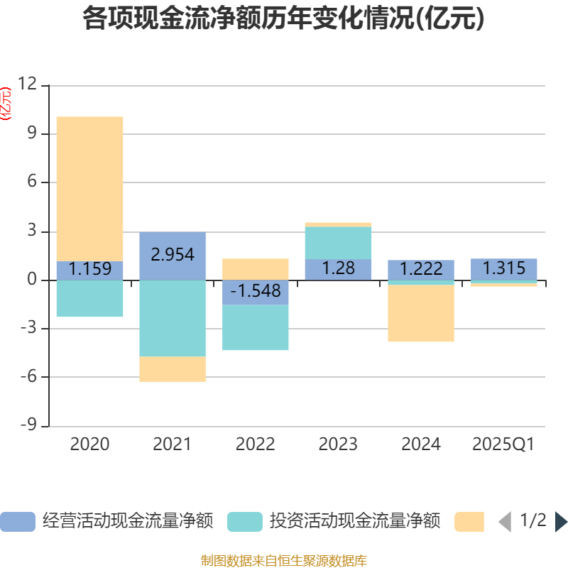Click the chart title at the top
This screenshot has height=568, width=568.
[283, 19]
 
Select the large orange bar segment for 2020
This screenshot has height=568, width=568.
[89, 188]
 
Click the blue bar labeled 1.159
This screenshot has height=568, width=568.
[89, 270]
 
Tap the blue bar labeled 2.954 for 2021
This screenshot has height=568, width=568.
[173, 256]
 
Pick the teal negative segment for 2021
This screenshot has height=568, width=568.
[173, 318]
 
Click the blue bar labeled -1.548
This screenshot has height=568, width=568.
[256, 292]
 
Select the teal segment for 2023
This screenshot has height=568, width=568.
[338, 243]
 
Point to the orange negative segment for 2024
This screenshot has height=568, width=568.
[421, 313]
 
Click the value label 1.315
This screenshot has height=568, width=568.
[504, 268]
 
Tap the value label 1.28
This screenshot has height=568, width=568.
[338, 269]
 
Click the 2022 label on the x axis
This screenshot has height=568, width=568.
[256, 444]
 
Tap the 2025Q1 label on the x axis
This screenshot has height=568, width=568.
[503, 444]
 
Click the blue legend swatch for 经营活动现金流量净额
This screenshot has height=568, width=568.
[18, 522]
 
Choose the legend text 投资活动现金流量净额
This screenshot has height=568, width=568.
[354, 521]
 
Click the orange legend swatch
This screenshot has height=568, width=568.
[469, 522]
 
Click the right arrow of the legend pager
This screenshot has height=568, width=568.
[561, 522]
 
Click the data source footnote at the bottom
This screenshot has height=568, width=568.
[283, 561]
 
